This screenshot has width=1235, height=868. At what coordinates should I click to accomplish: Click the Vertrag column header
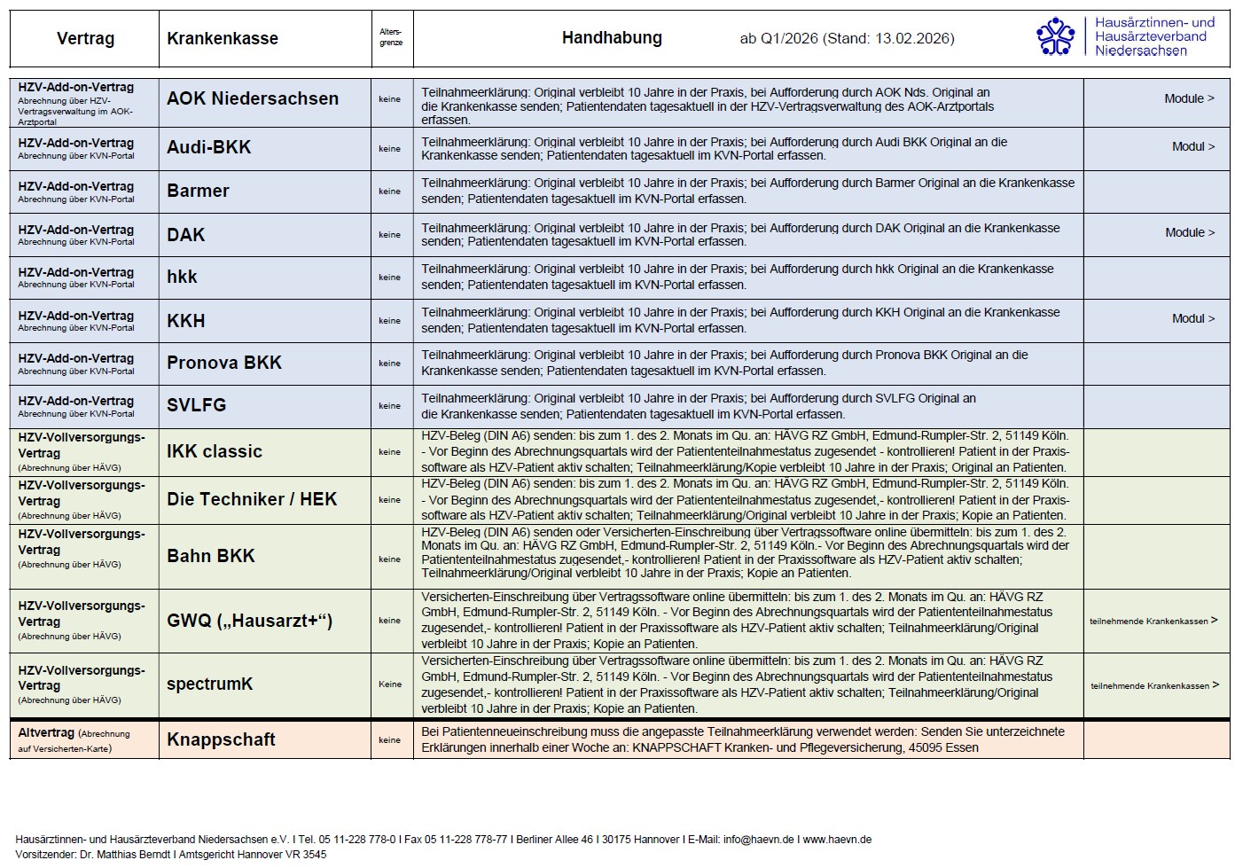85,39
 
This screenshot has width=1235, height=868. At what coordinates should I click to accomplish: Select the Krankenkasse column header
223,39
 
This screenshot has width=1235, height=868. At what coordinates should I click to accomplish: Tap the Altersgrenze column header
390,37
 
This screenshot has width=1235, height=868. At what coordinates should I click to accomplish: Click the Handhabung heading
612,38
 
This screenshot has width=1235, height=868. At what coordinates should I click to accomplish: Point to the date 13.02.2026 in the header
914,39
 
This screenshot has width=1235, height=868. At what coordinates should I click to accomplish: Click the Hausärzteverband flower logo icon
1055,36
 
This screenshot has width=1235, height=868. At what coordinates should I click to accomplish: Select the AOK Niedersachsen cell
253,99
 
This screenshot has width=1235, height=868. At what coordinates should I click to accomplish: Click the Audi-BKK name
209,148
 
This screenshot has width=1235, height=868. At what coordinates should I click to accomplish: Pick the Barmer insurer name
198,191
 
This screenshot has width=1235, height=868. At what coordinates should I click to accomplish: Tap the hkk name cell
183,277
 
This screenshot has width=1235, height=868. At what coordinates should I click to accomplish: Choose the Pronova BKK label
224,363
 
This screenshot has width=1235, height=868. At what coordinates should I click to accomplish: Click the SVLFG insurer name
197,405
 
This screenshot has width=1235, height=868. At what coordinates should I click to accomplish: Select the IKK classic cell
215,451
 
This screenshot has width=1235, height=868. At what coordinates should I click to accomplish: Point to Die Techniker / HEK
252,499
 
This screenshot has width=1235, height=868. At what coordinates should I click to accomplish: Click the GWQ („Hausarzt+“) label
250,621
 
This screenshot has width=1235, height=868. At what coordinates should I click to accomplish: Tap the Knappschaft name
221,739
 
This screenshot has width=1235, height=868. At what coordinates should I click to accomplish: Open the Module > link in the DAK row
1189,232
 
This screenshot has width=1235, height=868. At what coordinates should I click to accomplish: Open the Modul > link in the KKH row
1192,318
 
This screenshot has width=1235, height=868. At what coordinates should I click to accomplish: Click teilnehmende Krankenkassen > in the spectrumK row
1154,685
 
